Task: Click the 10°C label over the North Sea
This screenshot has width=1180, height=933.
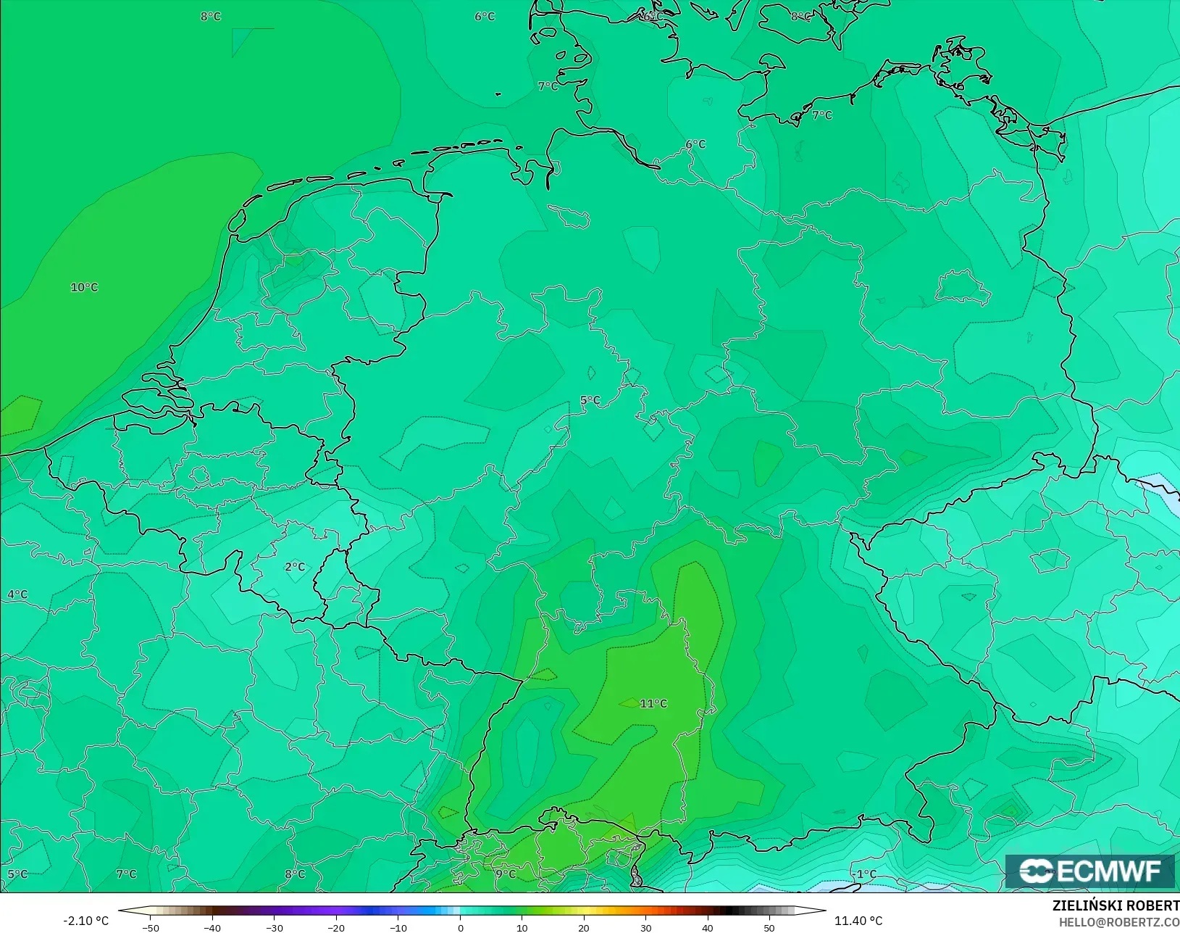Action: pos(84,288)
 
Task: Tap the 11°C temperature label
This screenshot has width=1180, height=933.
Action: pos(653,704)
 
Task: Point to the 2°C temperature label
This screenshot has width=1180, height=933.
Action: pos(295,567)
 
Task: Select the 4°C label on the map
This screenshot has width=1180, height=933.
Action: pos(17,594)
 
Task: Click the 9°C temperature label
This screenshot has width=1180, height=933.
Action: pos(506,874)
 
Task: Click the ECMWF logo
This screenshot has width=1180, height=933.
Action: pos(1089,871)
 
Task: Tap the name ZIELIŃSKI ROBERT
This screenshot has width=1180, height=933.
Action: pos(1116,906)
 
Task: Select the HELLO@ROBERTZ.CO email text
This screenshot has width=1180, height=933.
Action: pos(1119,922)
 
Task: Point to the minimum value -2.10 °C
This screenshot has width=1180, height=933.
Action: pos(85,921)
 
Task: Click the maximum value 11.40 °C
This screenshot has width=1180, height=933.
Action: pos(858,921)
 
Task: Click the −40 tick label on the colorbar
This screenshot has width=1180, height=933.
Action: pos(212,927)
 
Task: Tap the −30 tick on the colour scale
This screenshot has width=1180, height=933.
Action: pos(274,927)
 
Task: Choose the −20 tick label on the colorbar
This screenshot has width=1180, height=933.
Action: pos(335,927)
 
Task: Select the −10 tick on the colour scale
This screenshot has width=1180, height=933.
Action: pos(398,927)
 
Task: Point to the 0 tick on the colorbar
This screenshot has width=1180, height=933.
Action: pos(461,927)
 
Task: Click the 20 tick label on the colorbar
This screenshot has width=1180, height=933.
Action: pos(584,927)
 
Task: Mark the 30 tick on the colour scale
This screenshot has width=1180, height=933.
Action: pos(645,927)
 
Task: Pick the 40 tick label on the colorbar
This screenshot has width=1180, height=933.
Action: pos(707,927)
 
